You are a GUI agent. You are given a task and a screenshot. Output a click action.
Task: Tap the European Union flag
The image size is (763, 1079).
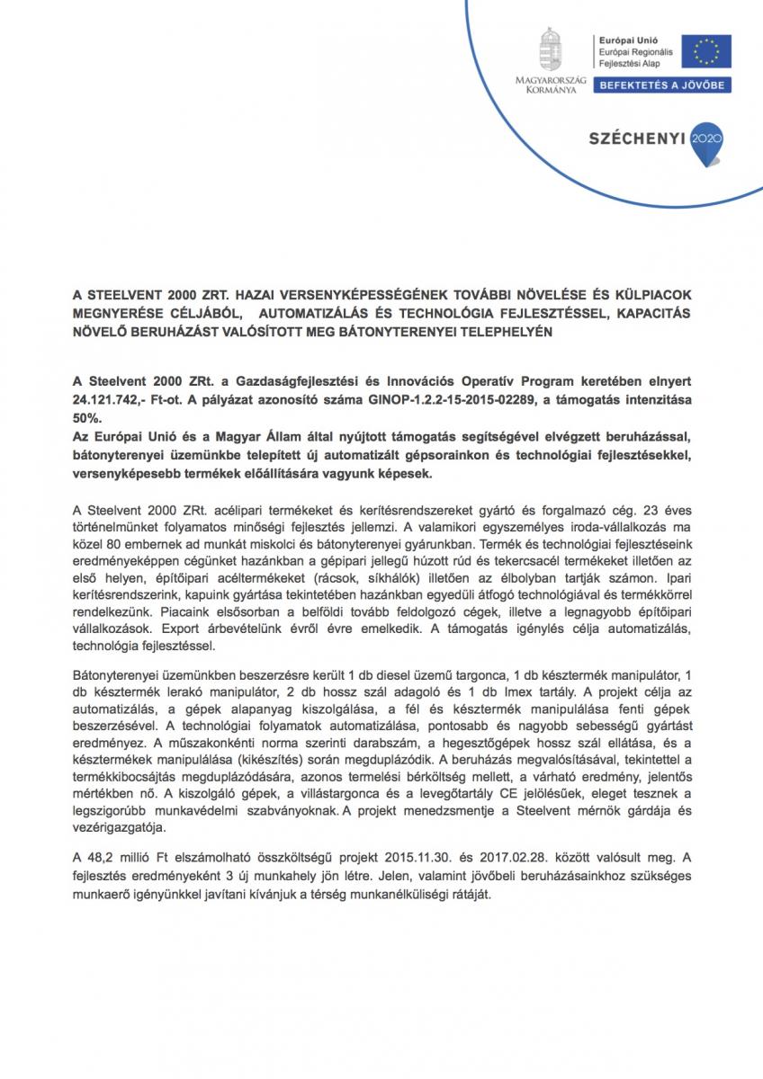pyautogui.click(x=705, y=50)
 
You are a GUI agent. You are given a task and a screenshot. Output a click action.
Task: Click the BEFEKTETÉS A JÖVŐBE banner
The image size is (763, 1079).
pyautogui.click(x=661, y=85)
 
